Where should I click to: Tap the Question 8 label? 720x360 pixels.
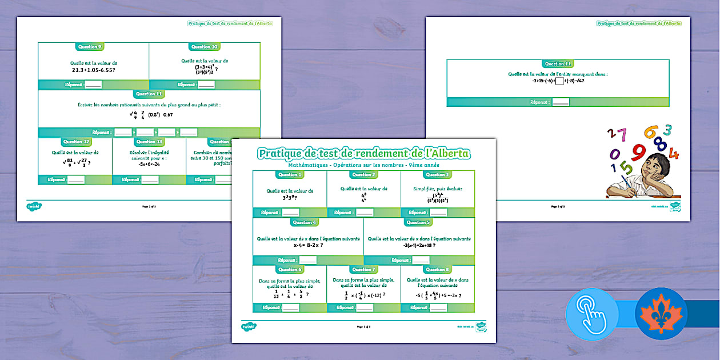437,269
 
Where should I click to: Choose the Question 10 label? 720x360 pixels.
205,47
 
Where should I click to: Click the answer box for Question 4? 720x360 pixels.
308,260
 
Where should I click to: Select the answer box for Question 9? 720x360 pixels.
93,85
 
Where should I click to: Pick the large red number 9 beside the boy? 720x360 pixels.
639,152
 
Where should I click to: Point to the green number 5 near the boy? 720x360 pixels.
627,169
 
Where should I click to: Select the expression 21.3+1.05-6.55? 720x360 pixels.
94,69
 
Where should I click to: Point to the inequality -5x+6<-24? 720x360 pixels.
149,163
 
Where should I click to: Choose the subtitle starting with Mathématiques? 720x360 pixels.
363,165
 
